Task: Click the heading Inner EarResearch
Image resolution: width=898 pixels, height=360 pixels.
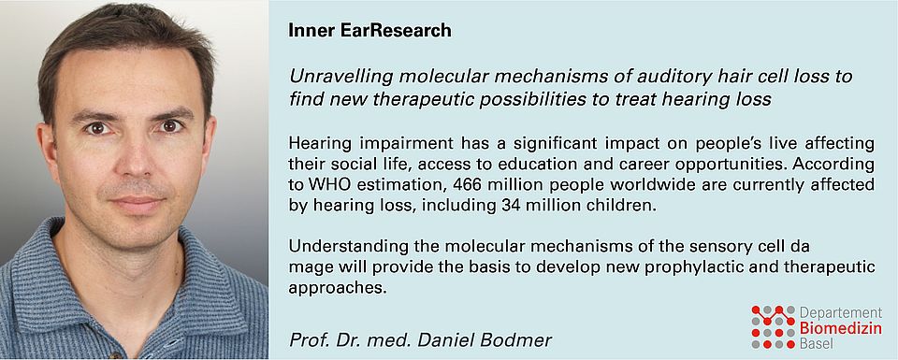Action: pyautogui.click(x=370, y=31)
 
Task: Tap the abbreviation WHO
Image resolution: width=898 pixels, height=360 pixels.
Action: pyautogui.click(x=328, y=185)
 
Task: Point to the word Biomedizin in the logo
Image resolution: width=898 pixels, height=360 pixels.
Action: pyautogui.click(x=841, y=328)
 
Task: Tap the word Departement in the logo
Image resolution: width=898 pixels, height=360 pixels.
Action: pyautogui.click(x=841, y=312)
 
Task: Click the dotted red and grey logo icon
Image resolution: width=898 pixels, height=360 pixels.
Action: pyautogui.click(x=774, y=326)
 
